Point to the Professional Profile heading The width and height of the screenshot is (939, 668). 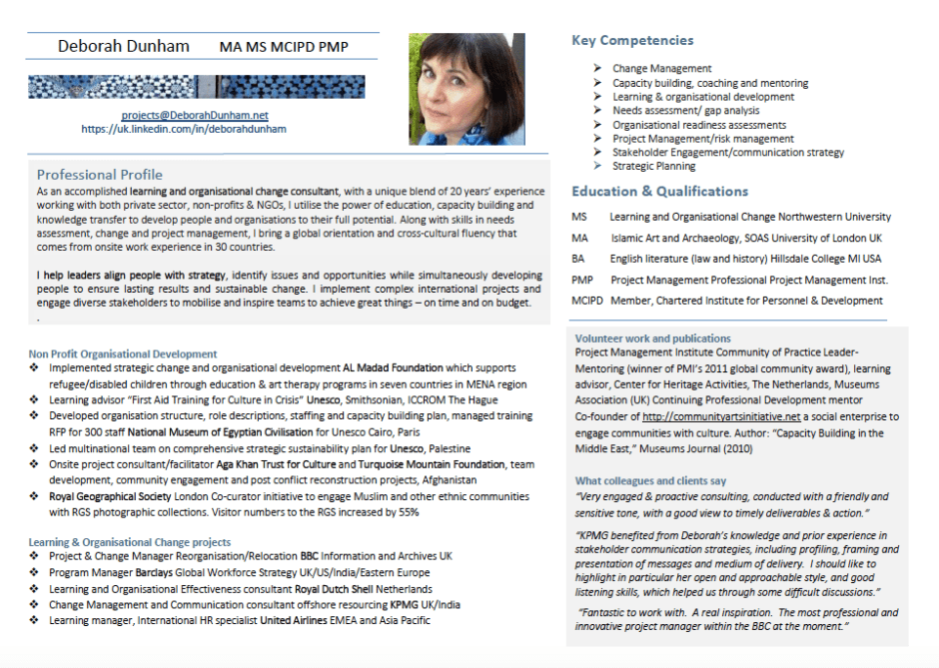(100, 174)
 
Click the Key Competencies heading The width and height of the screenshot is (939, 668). (632, 41)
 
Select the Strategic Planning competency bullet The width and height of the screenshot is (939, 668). (654, 167)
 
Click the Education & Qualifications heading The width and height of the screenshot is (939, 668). (659, 192)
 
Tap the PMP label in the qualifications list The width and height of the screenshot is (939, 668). (582, 280)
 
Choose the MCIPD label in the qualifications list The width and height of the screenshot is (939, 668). (587, 301)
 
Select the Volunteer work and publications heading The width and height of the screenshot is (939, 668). (652, 338)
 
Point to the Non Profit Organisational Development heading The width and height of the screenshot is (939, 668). (123, 353)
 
